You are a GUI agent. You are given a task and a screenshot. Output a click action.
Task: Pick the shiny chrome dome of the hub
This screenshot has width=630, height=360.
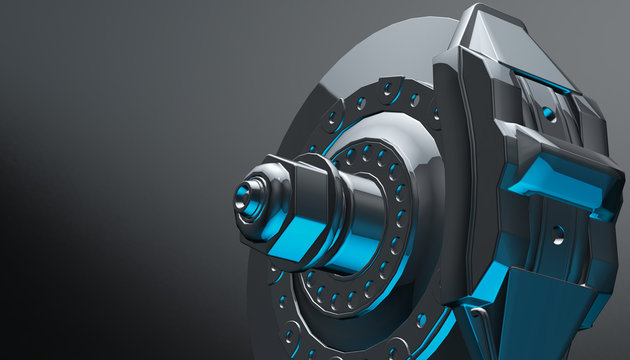395,150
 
